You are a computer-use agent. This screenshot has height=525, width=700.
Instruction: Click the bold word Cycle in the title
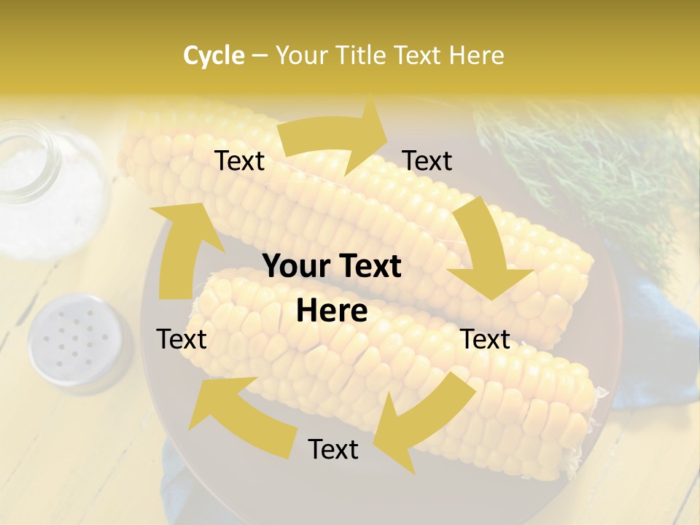tap(214, 55)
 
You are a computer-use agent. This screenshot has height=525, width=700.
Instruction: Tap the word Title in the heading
tap(362, 55)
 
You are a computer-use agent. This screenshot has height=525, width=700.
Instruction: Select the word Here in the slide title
tap(476, 55)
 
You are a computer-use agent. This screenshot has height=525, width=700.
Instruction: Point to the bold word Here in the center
tap(332, 311)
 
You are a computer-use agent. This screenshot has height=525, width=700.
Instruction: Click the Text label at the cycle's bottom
tap(333, 450)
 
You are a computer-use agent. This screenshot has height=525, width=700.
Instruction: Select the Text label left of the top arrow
tap(239, 161)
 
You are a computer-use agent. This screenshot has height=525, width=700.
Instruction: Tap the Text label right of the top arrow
tap(427, 161)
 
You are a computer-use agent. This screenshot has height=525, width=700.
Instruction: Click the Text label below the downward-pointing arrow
tap(485, 340)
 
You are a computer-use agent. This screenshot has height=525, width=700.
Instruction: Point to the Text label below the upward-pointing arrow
tap(182, 340)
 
